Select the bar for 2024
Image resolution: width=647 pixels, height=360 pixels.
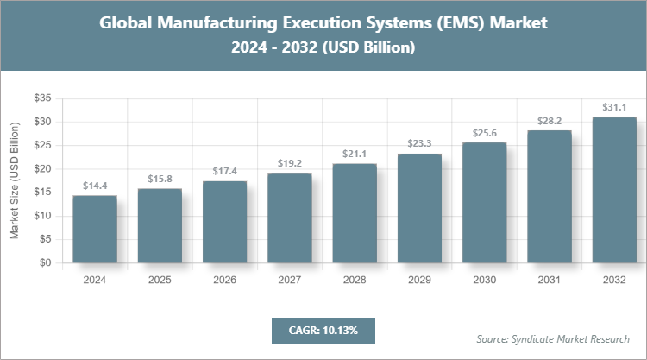(95, 229)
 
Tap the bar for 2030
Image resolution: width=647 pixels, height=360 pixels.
(484, 203)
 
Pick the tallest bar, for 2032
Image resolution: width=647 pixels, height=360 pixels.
(613, 190)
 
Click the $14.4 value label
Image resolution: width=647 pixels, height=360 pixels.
(95, 186)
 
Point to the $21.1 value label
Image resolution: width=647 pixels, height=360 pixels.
(355, 154)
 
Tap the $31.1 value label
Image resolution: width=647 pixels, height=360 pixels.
(613, 107)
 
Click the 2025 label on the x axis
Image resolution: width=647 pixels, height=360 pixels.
(160, 281)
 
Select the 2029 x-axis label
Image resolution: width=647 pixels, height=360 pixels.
(419, 281)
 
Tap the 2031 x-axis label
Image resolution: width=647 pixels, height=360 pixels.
(549, 281)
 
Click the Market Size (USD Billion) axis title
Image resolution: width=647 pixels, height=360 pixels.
(15, 180)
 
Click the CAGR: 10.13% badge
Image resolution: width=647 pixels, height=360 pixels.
(323, 330)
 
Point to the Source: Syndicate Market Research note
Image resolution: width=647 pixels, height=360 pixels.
(553, 338)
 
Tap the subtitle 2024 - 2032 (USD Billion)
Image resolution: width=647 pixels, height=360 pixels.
(323, 48)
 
